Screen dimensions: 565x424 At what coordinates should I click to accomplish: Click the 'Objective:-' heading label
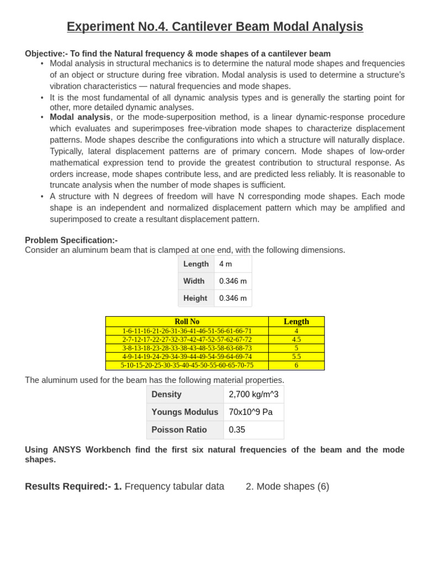click(46, 54)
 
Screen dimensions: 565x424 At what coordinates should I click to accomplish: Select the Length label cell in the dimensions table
click(196, 264)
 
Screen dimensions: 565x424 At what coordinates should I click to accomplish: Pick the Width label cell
click(194, 281)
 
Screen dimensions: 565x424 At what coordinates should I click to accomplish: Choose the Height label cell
click(195, 298)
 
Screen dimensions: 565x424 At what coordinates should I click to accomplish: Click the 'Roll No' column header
click(187, 322)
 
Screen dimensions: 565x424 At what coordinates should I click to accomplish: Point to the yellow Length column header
click(296, 322)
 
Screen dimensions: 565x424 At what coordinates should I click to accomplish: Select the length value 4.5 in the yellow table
click(296, 340)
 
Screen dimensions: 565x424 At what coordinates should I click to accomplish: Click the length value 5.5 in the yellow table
click(296, 356)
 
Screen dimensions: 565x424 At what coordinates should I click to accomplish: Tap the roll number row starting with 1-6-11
click(187, 331)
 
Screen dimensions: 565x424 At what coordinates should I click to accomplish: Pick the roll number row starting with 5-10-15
click(187, 365)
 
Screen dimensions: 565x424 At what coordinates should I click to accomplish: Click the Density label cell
click(166, 395)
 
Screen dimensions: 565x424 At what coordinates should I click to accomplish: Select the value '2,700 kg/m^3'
click(253, 395)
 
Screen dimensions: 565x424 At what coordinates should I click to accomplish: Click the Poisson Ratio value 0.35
click(237, 430)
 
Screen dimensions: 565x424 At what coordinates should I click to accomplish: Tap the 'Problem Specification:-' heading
click(71, 240)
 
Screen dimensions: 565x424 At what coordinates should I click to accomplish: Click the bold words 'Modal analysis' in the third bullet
click(80, 117)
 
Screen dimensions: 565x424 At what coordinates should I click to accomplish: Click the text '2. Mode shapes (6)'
click(287, 487)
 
